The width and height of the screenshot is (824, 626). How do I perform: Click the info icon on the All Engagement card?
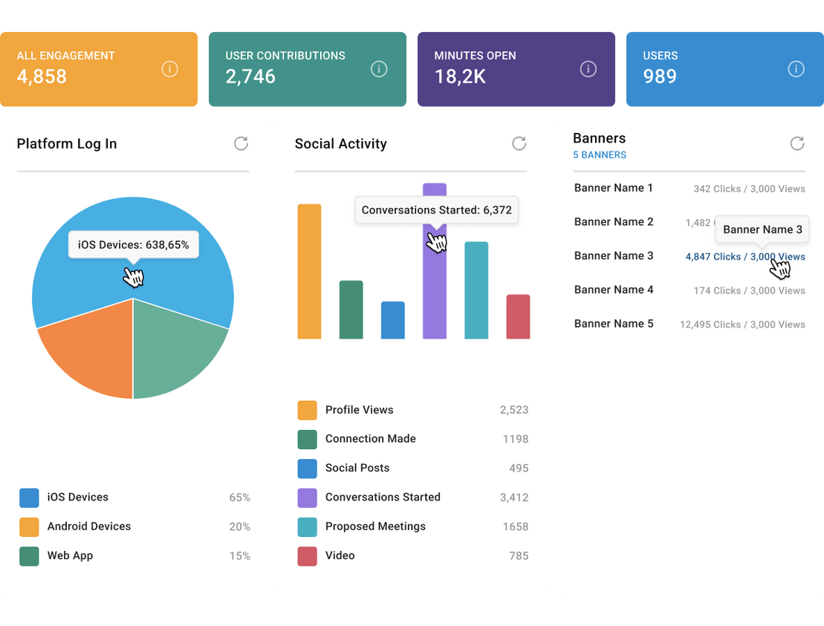[x=169, y=69]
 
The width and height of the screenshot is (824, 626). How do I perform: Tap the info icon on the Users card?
[x=796, y=69]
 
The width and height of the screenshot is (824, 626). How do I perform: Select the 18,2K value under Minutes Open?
[x=460, y=76]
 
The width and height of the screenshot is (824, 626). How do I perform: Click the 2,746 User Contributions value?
[x=250, y=76]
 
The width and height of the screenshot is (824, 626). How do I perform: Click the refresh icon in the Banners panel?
[x=797, y=143]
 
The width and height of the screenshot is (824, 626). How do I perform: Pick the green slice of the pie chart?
[x=175, y=349]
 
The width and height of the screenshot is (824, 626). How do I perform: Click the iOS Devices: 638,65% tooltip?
[x=134, y=244]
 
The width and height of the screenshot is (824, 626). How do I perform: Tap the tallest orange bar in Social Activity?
[x=309, y=271]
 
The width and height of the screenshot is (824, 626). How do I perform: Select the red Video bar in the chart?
[x=518, y=317]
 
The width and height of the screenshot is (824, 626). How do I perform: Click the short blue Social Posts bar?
[x=392, y=320]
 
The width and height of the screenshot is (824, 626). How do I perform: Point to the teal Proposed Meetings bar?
[x=476, y=290]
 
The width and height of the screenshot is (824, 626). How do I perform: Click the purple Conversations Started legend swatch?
[x=307, y=498]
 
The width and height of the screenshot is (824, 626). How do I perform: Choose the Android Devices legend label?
[x=89, y=526]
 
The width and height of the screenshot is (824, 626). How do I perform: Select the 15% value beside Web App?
[x=239, y=556]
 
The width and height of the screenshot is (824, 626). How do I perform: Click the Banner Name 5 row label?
[x=614, y=324]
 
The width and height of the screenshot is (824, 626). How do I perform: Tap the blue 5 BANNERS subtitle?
[x=599, y=155]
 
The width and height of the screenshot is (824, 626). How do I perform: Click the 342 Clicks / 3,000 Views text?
[x=749, y=189]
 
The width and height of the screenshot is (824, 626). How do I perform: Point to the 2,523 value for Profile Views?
[x=513, y=410]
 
